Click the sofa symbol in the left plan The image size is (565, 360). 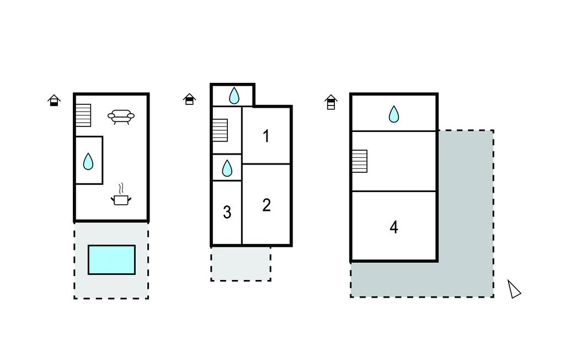121,116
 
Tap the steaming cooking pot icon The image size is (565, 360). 121,197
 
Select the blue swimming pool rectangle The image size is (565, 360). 111,260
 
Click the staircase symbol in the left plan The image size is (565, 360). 83,115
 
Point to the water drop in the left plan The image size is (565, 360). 88,161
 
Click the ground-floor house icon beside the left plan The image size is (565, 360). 54,100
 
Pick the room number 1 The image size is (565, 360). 266,136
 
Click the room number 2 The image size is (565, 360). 266,205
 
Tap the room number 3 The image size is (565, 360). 227,212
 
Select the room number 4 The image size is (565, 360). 393,227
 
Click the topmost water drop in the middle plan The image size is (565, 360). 234,96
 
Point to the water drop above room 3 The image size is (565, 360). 227,168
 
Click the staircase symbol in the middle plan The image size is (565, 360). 220,130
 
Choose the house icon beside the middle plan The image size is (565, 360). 189,99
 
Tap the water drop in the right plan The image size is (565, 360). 393,114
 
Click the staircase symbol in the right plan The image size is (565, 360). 359,161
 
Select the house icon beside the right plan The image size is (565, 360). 331,102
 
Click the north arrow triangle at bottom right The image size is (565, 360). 514,289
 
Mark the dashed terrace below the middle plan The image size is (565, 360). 241,263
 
